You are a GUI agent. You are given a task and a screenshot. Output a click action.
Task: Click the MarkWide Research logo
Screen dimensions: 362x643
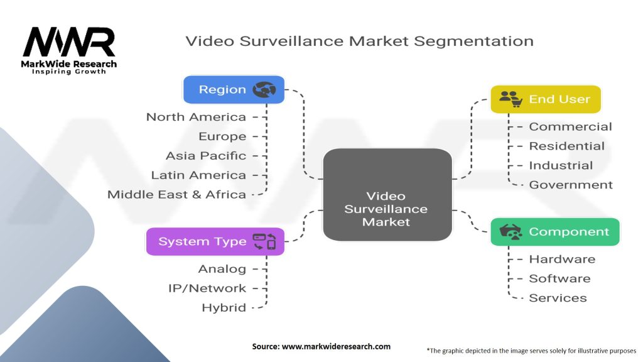pyautogui.click(x=69, y=50)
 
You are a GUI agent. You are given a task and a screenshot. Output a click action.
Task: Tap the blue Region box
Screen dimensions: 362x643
pyautogui.click(x=234, y=90)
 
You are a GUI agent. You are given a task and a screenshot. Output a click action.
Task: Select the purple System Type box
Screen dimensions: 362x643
pyautogui.click(x=215, y=241)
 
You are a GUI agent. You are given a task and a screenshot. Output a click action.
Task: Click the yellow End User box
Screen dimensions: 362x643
pyautogui.click(x=545, y=99)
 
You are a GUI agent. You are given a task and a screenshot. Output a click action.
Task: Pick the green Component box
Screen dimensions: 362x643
pyautogui.click(x=554, y=232)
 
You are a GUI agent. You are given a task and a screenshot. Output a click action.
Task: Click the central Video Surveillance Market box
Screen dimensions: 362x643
pyautogui.click(x=387, y=195)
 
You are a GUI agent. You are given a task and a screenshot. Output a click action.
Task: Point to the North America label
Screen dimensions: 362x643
pyautogui.click(x=196, y=117)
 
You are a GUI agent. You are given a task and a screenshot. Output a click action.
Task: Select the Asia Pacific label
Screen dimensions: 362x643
pyautogui.click(x=206, y=155)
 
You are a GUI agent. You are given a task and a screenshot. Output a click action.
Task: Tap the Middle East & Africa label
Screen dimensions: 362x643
pyautogui.click(x=176, y=194)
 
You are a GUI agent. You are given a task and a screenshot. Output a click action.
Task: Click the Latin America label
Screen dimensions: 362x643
pyautogui.click(x=198, y=175)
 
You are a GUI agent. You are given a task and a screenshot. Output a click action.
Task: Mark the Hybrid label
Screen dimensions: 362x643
pyautogui.click(x=224, y=308)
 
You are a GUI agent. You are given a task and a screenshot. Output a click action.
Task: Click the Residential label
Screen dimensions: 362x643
pyautogui.click(x=566, y=146)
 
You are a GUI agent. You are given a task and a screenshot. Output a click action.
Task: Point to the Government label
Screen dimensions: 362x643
pyautogui.click(x=571, y=185)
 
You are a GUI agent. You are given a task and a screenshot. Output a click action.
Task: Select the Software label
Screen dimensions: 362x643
pyautogui.click(x=559, y=278)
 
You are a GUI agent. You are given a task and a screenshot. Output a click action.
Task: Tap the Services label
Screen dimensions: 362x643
pyautogui.click(x=558, y=298)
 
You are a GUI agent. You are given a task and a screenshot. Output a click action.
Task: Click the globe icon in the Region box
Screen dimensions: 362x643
pyautogui.click(x=264, y=90)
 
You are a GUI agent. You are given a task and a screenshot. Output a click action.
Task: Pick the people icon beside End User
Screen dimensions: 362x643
pyautogui.click(x=511, y=99)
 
